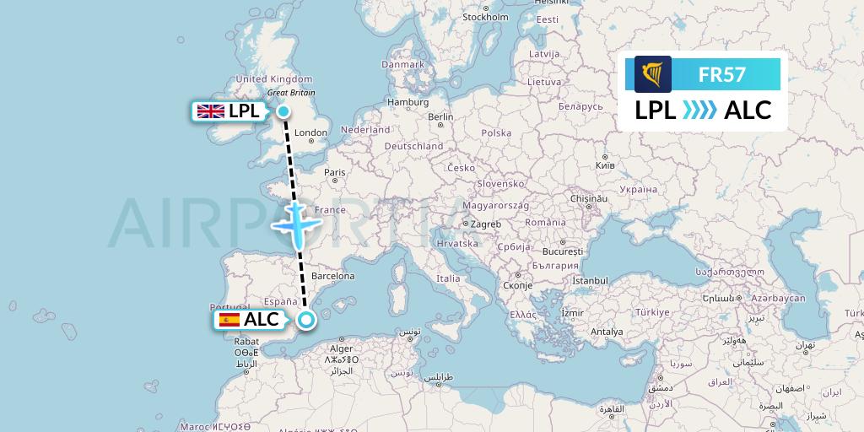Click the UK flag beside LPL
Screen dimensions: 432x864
tap(210, 111)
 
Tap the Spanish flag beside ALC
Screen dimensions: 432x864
tap(229, 320)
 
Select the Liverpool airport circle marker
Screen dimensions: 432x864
tap(283, 111)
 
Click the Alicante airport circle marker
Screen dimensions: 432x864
tap(305, 319)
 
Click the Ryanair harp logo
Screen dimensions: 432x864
tap(652, 73)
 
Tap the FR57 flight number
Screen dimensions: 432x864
tap(721, 74)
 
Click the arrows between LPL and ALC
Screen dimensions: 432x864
tap(699, 110)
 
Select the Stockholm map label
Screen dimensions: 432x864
tap(485, 17)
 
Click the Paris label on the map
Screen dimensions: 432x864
tap(335, 172)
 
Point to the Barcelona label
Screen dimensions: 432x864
tap(332, 276)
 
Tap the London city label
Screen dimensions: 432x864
tap(310, 132)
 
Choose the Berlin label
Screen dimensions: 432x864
tap(440, 117)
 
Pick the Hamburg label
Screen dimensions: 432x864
tap(408, 102)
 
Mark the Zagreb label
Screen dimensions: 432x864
tap(486, 224)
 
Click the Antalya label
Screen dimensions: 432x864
tap(607, 332)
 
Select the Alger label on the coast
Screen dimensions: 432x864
tap(341, 348)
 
